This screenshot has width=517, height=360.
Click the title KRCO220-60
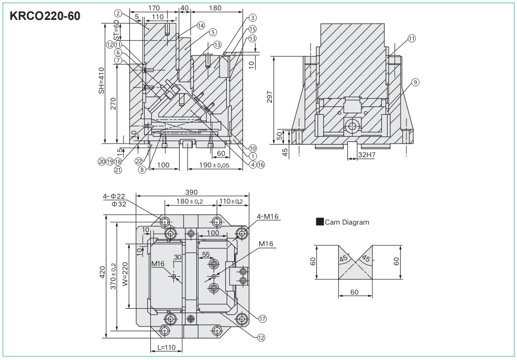(x=46, y=16)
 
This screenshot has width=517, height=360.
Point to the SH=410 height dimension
(x=102, y=80)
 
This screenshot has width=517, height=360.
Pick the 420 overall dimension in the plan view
(x=103, y=271)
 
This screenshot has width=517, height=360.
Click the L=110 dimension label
(x=167, y=347)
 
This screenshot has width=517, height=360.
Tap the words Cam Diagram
(x=347, y=222)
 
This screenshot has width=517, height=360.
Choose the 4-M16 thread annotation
(x=267, y=215)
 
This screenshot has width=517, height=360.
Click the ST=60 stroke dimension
(x=116, y=30)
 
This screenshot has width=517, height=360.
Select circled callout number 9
(x=415, y=82)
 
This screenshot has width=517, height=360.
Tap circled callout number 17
(x=262, y=318)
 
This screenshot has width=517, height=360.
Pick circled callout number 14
(x=201, y=25)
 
